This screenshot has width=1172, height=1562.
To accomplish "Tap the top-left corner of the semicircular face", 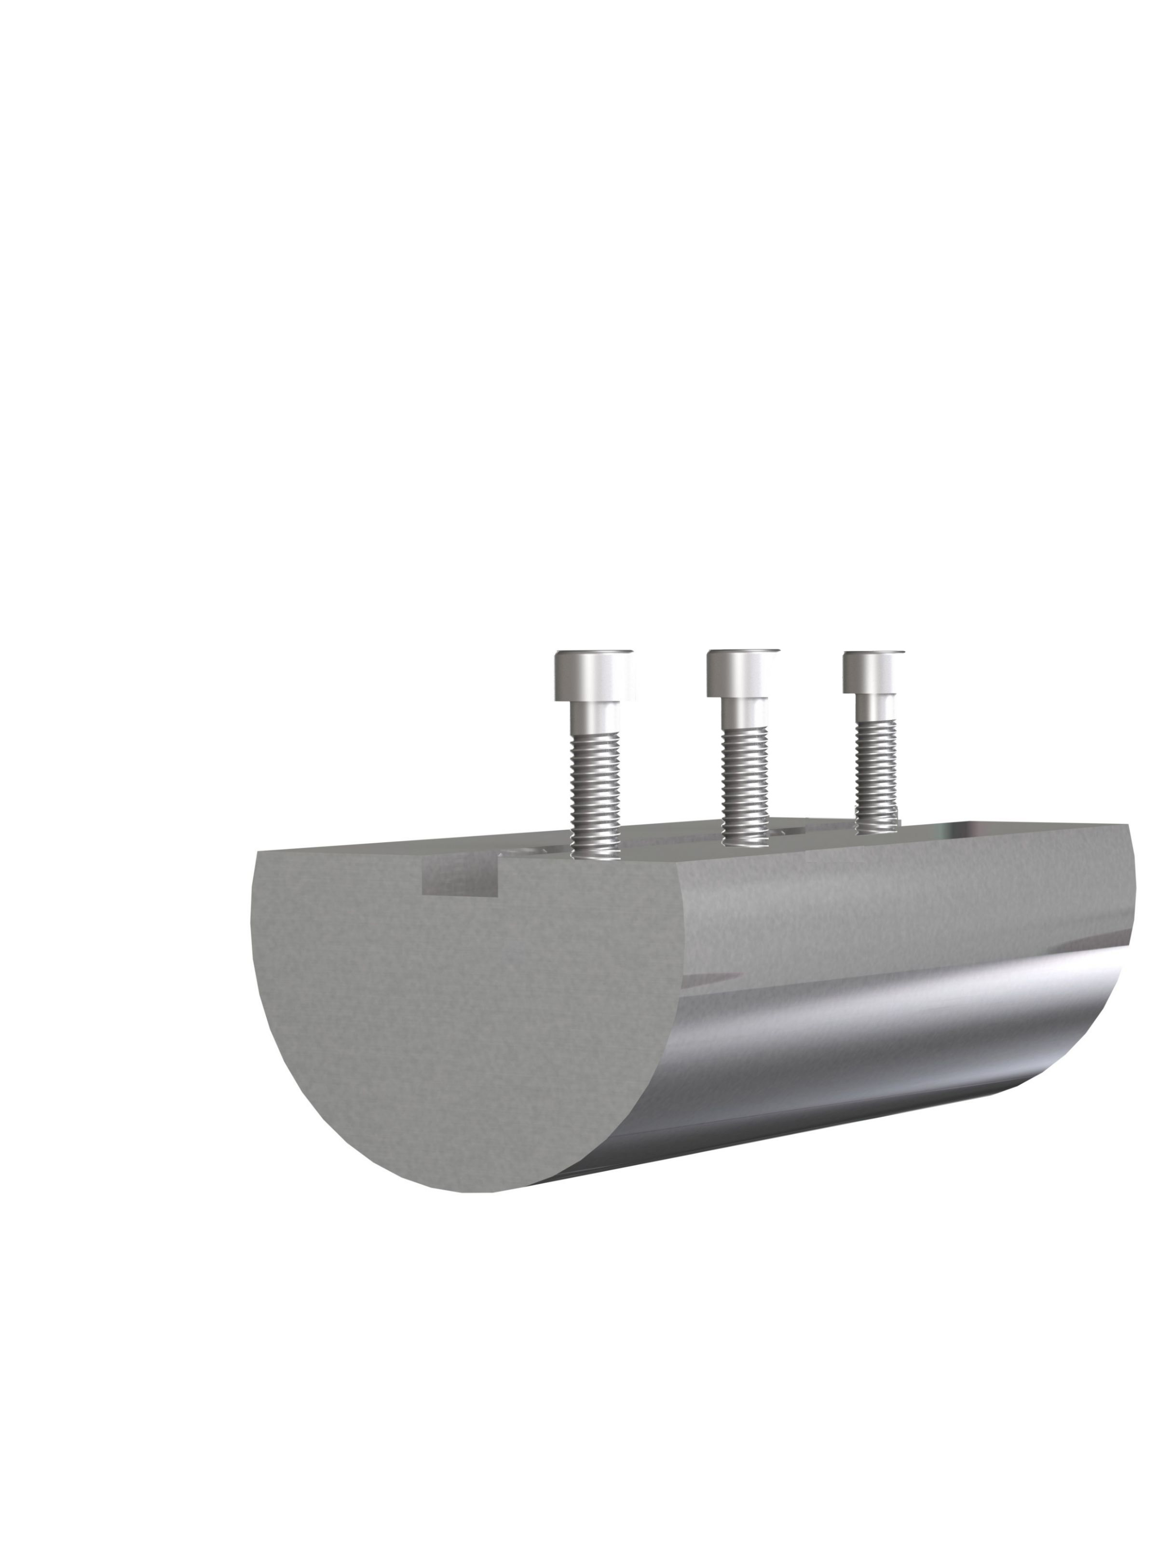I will [259, 853].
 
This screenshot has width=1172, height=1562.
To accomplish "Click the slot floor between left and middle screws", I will [671, 840].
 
